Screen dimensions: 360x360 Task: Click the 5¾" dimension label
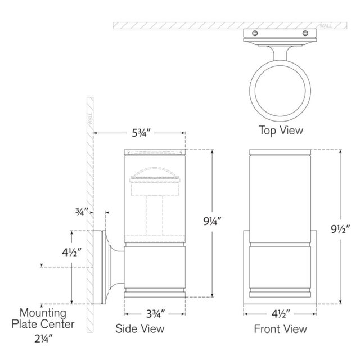[141, 133]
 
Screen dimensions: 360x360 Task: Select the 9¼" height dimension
[212, 221]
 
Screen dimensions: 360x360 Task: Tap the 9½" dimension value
[340, 229]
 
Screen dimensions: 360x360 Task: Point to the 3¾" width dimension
[156, 314]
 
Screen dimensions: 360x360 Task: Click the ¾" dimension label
[82, 211]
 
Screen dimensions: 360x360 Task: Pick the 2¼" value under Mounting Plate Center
[44, 339]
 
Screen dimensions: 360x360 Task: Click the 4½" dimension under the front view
[281, 314]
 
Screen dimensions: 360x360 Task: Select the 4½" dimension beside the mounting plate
[71, 253]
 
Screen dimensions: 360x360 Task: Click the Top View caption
[281, 130]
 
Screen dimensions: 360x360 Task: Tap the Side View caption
[140, 328]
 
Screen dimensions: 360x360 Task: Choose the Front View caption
[280, 328]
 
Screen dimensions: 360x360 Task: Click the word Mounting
[43, 313]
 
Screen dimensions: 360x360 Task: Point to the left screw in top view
[255, 33]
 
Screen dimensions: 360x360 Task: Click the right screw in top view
[305, 33]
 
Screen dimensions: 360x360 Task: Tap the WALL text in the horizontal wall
[326, 26]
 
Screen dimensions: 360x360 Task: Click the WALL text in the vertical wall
[90, 119]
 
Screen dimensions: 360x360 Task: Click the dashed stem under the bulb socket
[155, 215]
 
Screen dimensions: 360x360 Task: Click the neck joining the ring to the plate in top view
[280, 53]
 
